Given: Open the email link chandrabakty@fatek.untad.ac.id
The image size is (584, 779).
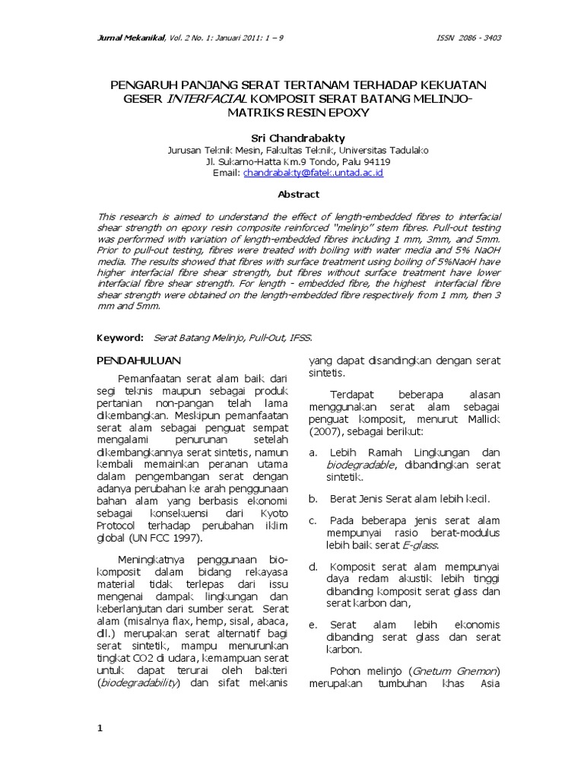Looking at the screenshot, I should click(x=313, y=173).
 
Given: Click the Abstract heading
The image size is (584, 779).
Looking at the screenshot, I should click(x=298, y=195).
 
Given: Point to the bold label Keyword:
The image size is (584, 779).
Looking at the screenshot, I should click(x=120, y=336).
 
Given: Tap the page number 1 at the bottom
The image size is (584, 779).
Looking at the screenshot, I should click(x=99, y=728).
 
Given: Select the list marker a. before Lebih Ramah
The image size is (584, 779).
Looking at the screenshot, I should click(x=313, y=452).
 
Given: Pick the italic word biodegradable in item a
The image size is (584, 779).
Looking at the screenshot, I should click(x=361, y=464).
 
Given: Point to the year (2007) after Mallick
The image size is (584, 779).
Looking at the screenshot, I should click(x=327, y=431).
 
